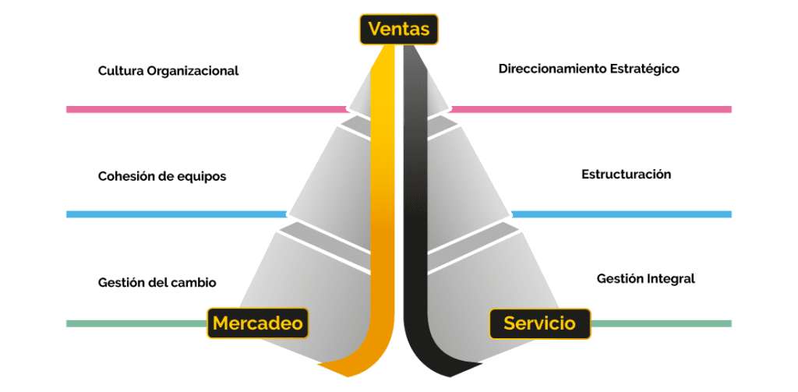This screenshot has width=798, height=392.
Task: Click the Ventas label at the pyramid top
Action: pyautogui.click(x=399, y=30)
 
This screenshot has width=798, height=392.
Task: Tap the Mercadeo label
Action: pyautogui.click(x=257, y=323)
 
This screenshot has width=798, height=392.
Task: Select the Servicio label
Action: pyautogui.click(x=539, y=323)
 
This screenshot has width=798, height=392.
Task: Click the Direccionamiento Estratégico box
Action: pyautogui.click(x=588, y=69)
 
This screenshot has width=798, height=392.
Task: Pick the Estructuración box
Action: pyautogui.click(x=619, y=175)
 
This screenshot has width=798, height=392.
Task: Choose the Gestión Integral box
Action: pyautogui.click(x=645, y=278)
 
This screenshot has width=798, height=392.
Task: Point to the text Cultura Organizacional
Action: pyautogui.click(x=168, y=71)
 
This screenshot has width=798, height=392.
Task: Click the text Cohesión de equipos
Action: pyautogui.click(x=162, y=176)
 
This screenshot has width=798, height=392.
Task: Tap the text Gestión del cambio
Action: pyautogui.click(x=157, y=281)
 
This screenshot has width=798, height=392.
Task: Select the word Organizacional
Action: pyautogui.click(x=192, y=71)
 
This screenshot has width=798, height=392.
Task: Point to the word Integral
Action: pyautogui.click(x=671, y=278)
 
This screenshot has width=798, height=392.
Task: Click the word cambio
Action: pyautogui.click(x=196, y=281)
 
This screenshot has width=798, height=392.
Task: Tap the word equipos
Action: pyautogui.click(x=203, y=176)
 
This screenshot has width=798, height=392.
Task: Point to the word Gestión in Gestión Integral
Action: pyautogui.click(x=620, y=278)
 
